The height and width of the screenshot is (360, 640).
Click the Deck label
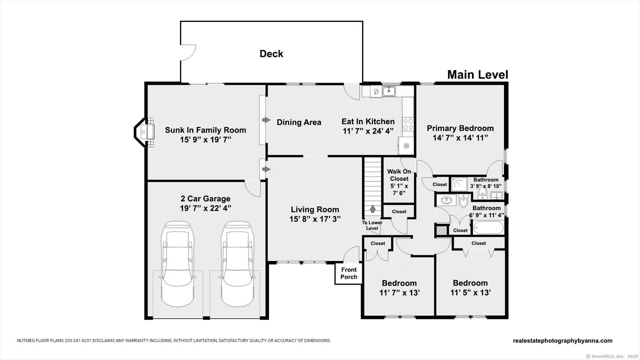[x=271, y=54]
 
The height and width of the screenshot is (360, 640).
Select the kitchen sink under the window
[x=389, y=92]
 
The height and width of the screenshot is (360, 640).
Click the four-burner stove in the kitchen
[x=408, y=124]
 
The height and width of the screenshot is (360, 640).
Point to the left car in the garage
[x=178, y=264]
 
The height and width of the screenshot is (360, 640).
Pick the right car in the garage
[x=236, y=264]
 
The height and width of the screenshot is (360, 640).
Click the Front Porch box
[x=348, y=273]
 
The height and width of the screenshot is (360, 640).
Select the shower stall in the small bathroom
[x=460, y=184]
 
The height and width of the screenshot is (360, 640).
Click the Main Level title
[x=477, y=75]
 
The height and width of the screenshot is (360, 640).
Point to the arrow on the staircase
[x=372, y=209]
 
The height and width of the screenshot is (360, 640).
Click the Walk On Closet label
[x=399, y=175]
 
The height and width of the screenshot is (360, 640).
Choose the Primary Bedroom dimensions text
[x=460, y=138]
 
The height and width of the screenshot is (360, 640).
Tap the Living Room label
[x=315, y=210]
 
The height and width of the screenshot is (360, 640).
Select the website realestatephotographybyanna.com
[x=563, y=341]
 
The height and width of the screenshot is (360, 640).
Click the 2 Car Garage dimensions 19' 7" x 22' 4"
[x=205, y=208]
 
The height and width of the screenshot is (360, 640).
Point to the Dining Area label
[x=299, y=122]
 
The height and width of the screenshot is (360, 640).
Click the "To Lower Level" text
[x=372, y=225]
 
